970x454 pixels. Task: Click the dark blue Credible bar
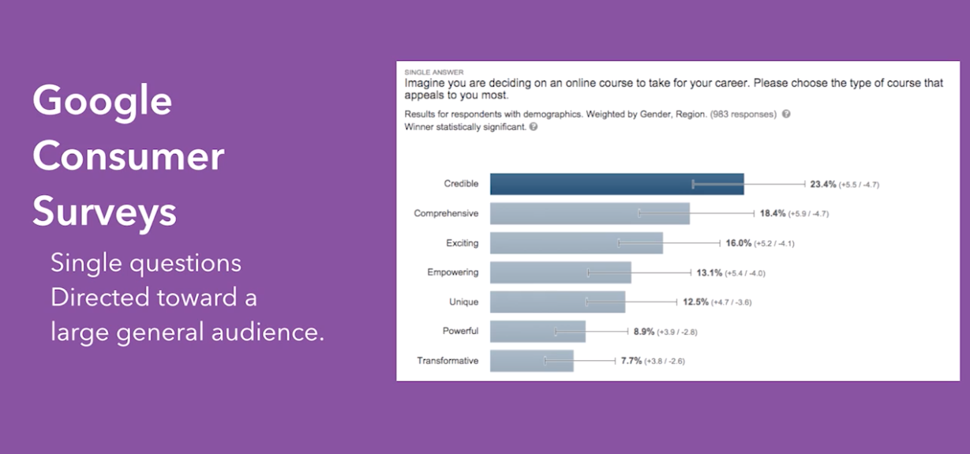616,184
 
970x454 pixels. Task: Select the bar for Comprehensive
589,213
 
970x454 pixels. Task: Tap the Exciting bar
575,242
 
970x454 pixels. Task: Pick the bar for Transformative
531,361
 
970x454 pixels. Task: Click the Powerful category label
460,332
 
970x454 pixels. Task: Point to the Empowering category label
452,272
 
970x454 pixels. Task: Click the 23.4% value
822,184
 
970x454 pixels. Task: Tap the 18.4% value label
773,213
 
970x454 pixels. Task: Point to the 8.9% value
644,332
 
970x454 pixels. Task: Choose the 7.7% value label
631,361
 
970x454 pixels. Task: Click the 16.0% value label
738,243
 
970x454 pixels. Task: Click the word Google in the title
102,100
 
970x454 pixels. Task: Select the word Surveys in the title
104,212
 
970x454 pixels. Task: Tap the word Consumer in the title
128,156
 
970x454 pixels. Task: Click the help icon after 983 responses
786,114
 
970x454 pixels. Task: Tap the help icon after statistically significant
534,126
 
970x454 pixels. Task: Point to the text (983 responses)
743,114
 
